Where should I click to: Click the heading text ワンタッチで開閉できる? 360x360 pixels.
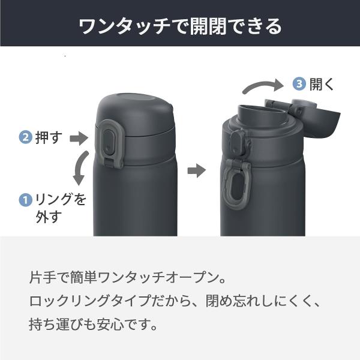pos(180,26)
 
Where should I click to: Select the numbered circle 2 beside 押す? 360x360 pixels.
pos(25,138)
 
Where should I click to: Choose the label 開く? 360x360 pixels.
pos(322,84)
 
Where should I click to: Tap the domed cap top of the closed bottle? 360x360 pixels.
pos(135,103)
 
